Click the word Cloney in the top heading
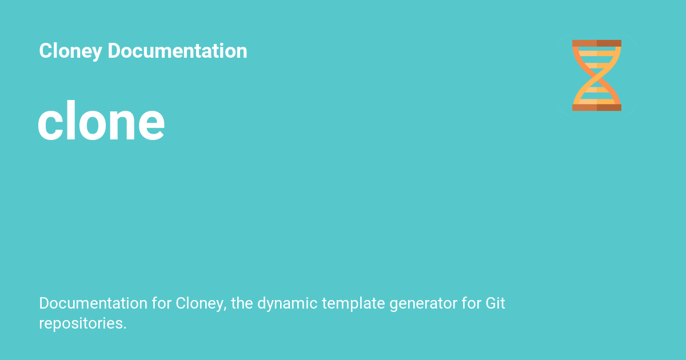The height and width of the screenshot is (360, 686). [70, 51]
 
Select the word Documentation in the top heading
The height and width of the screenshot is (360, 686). [177, 51]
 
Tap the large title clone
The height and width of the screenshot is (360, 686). [102, 122]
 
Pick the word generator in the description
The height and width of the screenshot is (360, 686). [423, 303]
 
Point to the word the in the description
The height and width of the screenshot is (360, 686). [242, 303]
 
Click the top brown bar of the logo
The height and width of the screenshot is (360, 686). [597, 43]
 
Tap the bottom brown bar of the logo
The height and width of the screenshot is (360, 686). [597, 107]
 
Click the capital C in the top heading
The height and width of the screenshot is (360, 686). [46, 51]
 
